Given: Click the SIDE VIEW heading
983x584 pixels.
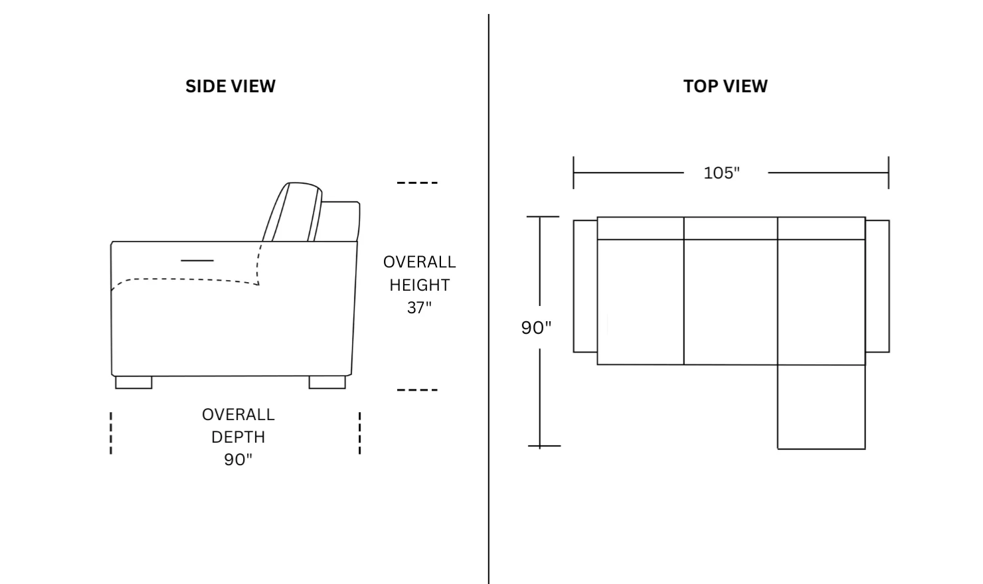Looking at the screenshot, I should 230,86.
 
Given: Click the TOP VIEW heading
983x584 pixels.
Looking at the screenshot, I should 725,86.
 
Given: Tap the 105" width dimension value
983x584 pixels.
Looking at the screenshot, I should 721,173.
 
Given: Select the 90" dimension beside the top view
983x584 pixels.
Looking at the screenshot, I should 536,328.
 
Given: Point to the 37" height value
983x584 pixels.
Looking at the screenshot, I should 419,308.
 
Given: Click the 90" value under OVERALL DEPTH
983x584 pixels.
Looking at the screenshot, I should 238,460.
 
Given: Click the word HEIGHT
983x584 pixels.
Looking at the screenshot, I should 419,285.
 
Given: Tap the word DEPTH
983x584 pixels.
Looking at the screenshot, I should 238,437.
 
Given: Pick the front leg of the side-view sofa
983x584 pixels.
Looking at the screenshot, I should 134,382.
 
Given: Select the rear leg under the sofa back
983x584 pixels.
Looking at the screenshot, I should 327,382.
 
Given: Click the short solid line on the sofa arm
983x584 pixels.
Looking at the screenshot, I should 197,261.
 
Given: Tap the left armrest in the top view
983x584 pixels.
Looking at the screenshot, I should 585,286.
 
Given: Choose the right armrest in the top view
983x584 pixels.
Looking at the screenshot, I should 877,286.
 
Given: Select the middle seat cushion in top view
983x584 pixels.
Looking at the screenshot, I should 731,302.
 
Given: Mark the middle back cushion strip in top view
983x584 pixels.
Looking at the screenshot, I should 731,228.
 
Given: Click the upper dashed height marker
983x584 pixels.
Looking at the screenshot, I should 417,183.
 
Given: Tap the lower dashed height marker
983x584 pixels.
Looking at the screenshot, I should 417,390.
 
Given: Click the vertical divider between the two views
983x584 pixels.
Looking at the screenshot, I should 489,299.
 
